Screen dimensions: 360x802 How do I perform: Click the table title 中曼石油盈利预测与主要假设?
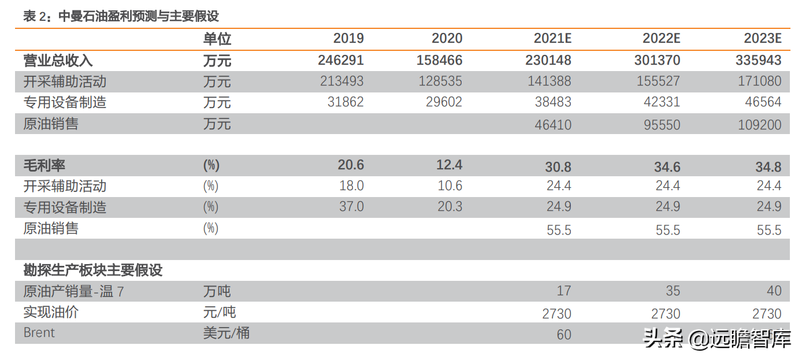click(121, 16)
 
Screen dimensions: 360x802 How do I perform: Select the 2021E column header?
click(552, 39)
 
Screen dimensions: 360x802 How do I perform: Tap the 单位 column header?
click(217, 39)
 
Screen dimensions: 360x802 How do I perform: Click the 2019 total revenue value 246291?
click(341, 60)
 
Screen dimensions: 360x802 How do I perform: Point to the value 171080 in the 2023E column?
click(759, 81)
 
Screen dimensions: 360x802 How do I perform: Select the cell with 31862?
click(345, 102)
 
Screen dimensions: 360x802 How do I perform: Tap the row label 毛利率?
click(44, 166)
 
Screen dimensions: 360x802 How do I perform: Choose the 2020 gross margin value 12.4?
click(449, 165)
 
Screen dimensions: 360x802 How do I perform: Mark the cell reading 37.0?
click(351, 207)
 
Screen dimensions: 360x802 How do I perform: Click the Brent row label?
click(39, 333)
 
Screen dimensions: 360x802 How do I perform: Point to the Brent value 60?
click(563, 335)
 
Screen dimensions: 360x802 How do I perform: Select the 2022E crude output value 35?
click(673, 291)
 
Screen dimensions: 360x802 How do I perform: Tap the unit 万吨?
click(217, 291)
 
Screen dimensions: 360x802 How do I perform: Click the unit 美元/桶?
click(227, 333)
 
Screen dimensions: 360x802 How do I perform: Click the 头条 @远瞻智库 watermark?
click(716, 339)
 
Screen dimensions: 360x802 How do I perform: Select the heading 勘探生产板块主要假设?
click(93, 270)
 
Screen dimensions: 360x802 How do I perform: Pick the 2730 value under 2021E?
click(556, 314)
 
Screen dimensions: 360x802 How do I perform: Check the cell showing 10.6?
click(450, 186)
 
